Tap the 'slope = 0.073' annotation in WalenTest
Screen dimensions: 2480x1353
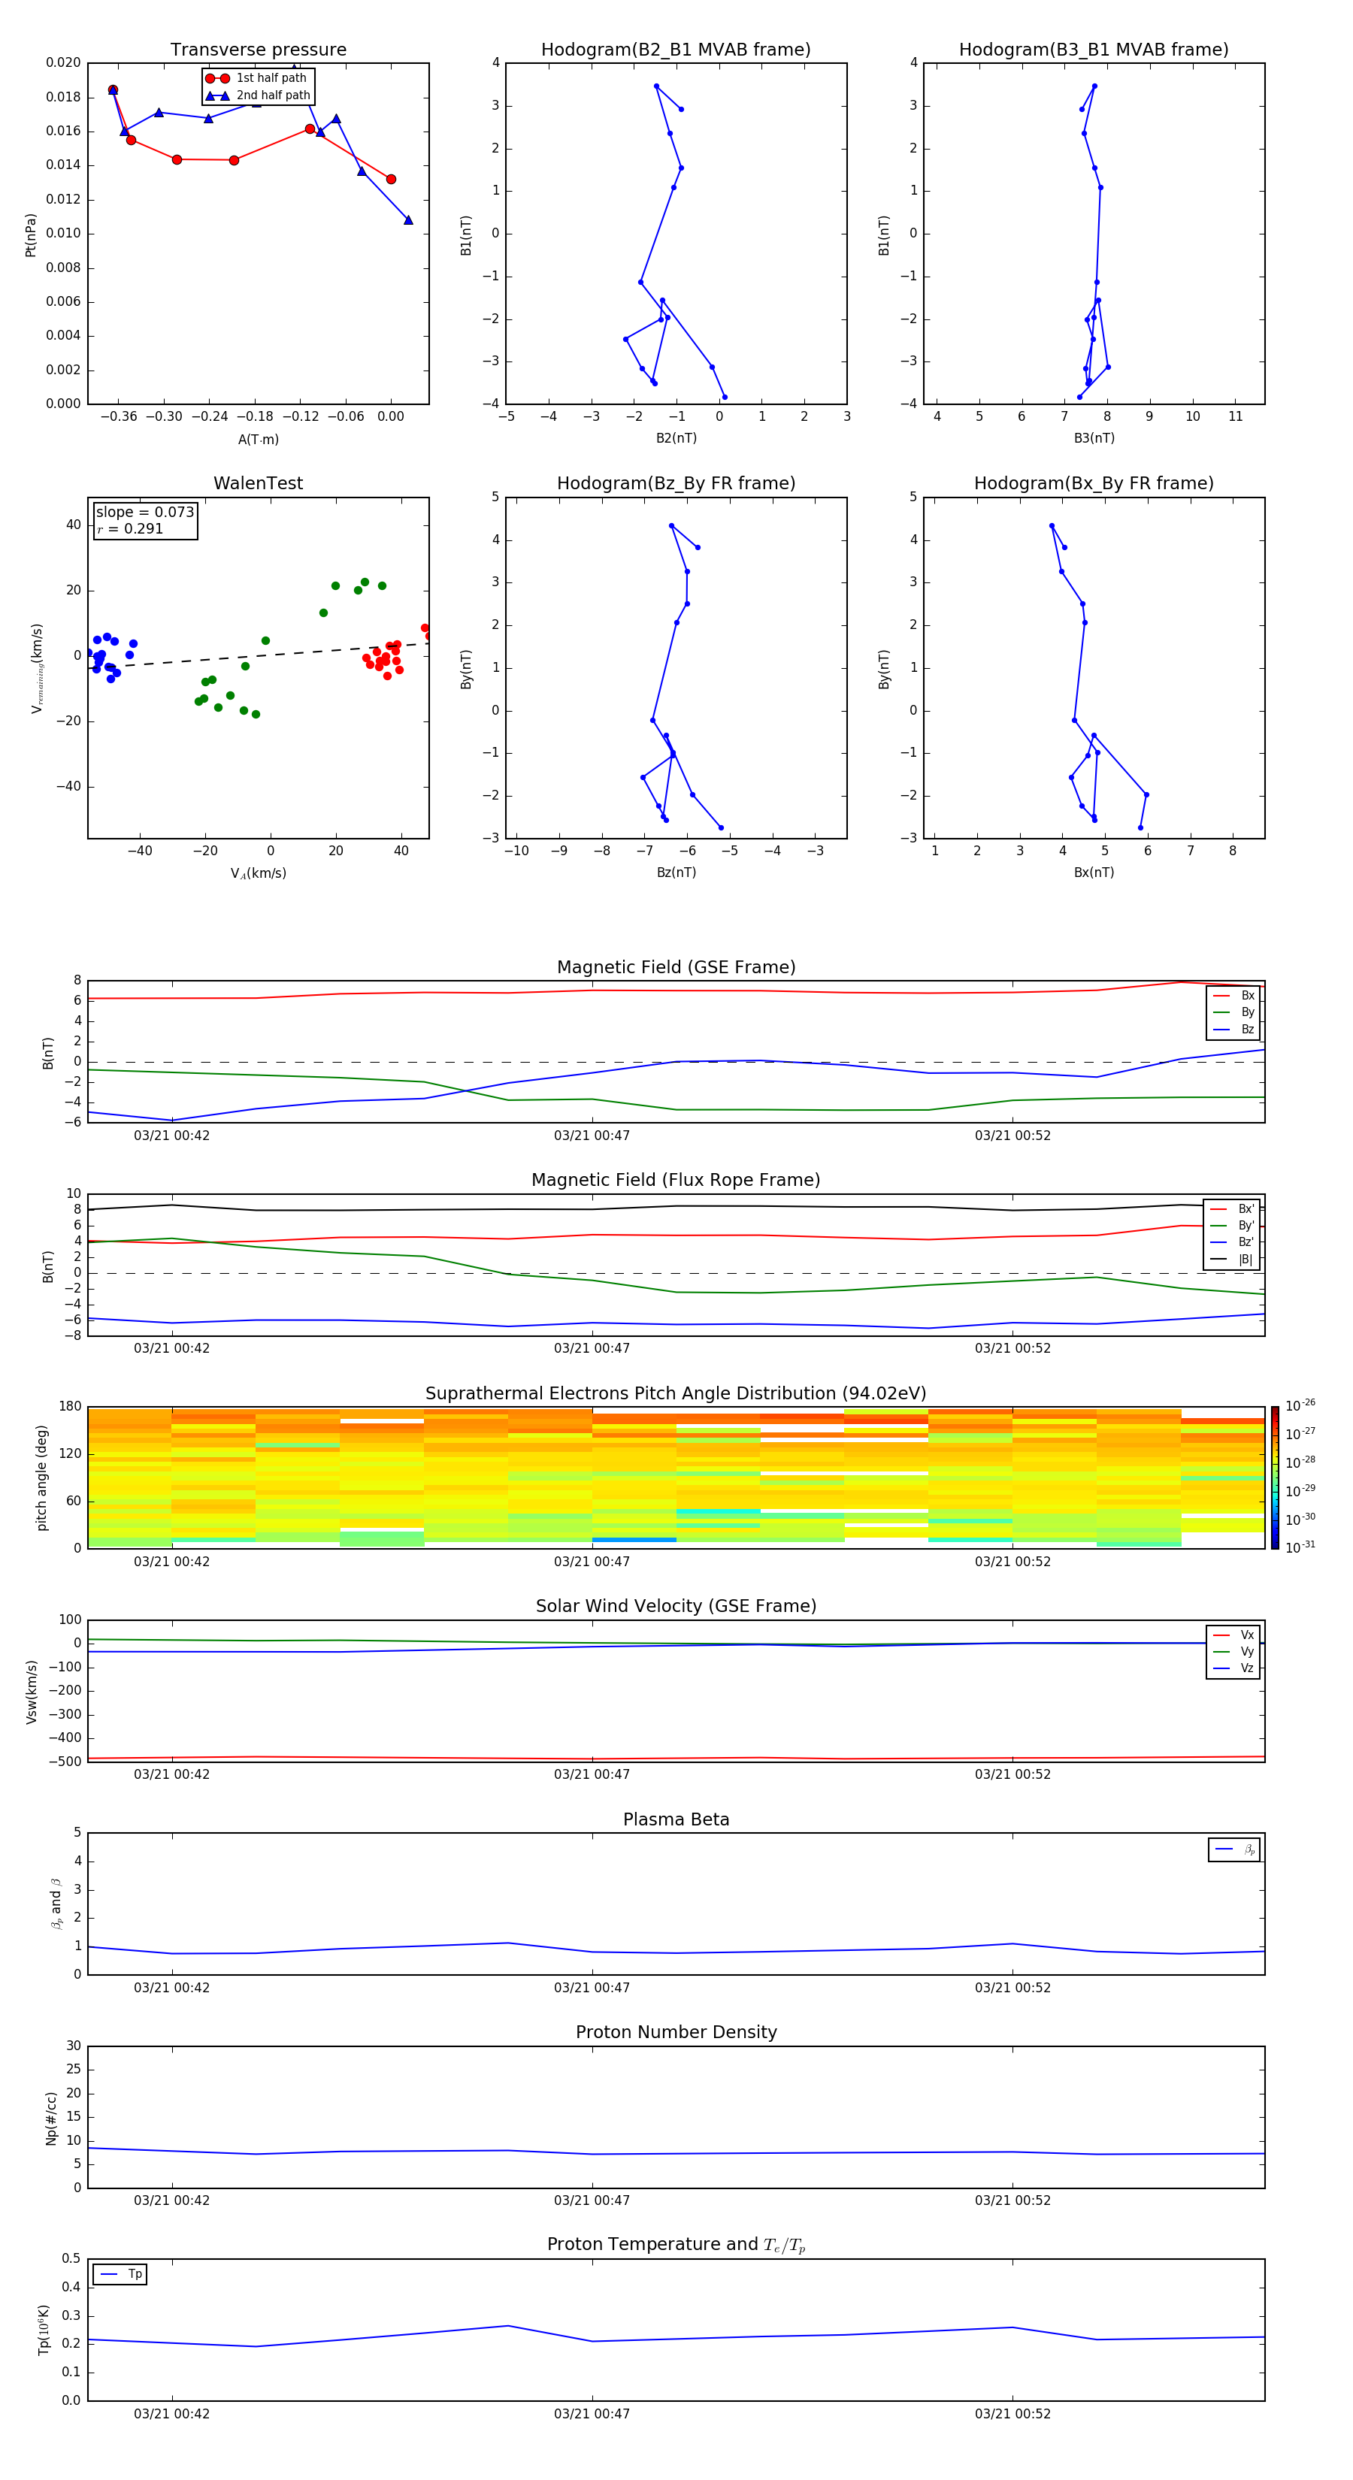coord(144,513)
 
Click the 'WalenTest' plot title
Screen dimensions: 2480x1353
coord(258,483)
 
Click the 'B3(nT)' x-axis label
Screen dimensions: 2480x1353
coord(1094,438)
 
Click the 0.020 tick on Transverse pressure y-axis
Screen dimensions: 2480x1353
coord(64,62)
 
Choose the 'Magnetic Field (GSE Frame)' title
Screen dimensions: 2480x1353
coord(676,967)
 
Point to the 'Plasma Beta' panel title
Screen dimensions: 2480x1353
coord(676,1819)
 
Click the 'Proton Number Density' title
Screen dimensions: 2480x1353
coord(676,2032)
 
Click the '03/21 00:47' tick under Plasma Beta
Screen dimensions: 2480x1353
coord(592,1988)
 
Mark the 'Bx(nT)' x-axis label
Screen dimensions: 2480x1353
coord(1094,873)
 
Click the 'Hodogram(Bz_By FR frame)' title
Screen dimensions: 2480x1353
coord(676,483)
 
